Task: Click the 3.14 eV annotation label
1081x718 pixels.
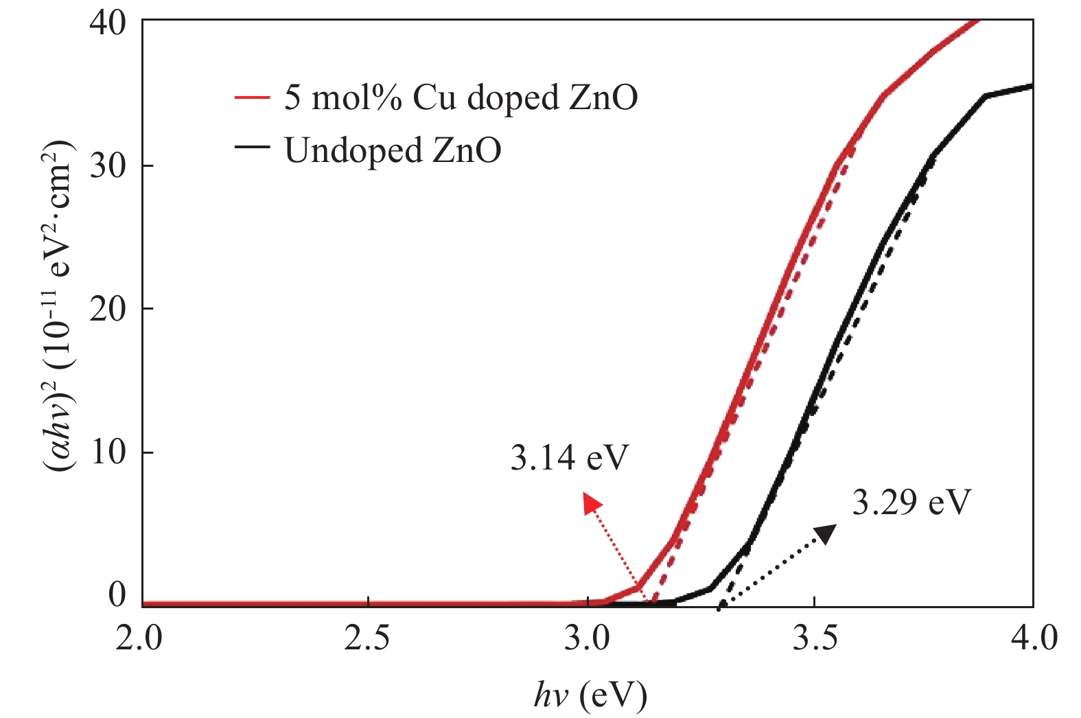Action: pyautogui.click(x=569, y=458)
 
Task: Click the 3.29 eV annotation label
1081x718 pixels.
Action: pyautogui.click(x=911, y=502)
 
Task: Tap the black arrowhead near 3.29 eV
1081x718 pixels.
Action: pyautogui.click(x=826, y=533)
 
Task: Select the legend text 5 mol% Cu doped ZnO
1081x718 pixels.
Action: pyautogui.click(x=461, y=97)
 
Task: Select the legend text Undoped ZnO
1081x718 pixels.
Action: pyautogui.click(x=393, y=150)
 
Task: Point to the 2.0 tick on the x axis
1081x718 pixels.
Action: pyautogui.click(x=143, y=638)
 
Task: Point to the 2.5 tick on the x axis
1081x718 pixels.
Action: pyautogui.click(x=367, y=638)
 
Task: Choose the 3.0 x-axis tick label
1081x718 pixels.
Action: pyautogui.click(x=590, y=638)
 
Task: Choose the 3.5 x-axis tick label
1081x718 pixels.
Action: pyautogui.click(x=814, y=638)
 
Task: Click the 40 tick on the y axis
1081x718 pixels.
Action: pyautogui.click(x=108, y=23)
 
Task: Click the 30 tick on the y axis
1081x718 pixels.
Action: pyautogui.click(x=108, y=166)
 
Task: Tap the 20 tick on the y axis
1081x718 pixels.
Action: pyautogui.click(x=108, y=309)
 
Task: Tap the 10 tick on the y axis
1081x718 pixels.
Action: pyautogui.click(x=108, y=452)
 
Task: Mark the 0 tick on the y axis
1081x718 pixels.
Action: pyautogui.click(x=117, y=594)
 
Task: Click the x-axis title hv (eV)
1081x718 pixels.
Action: pyautogui.click(x=590, y=696)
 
